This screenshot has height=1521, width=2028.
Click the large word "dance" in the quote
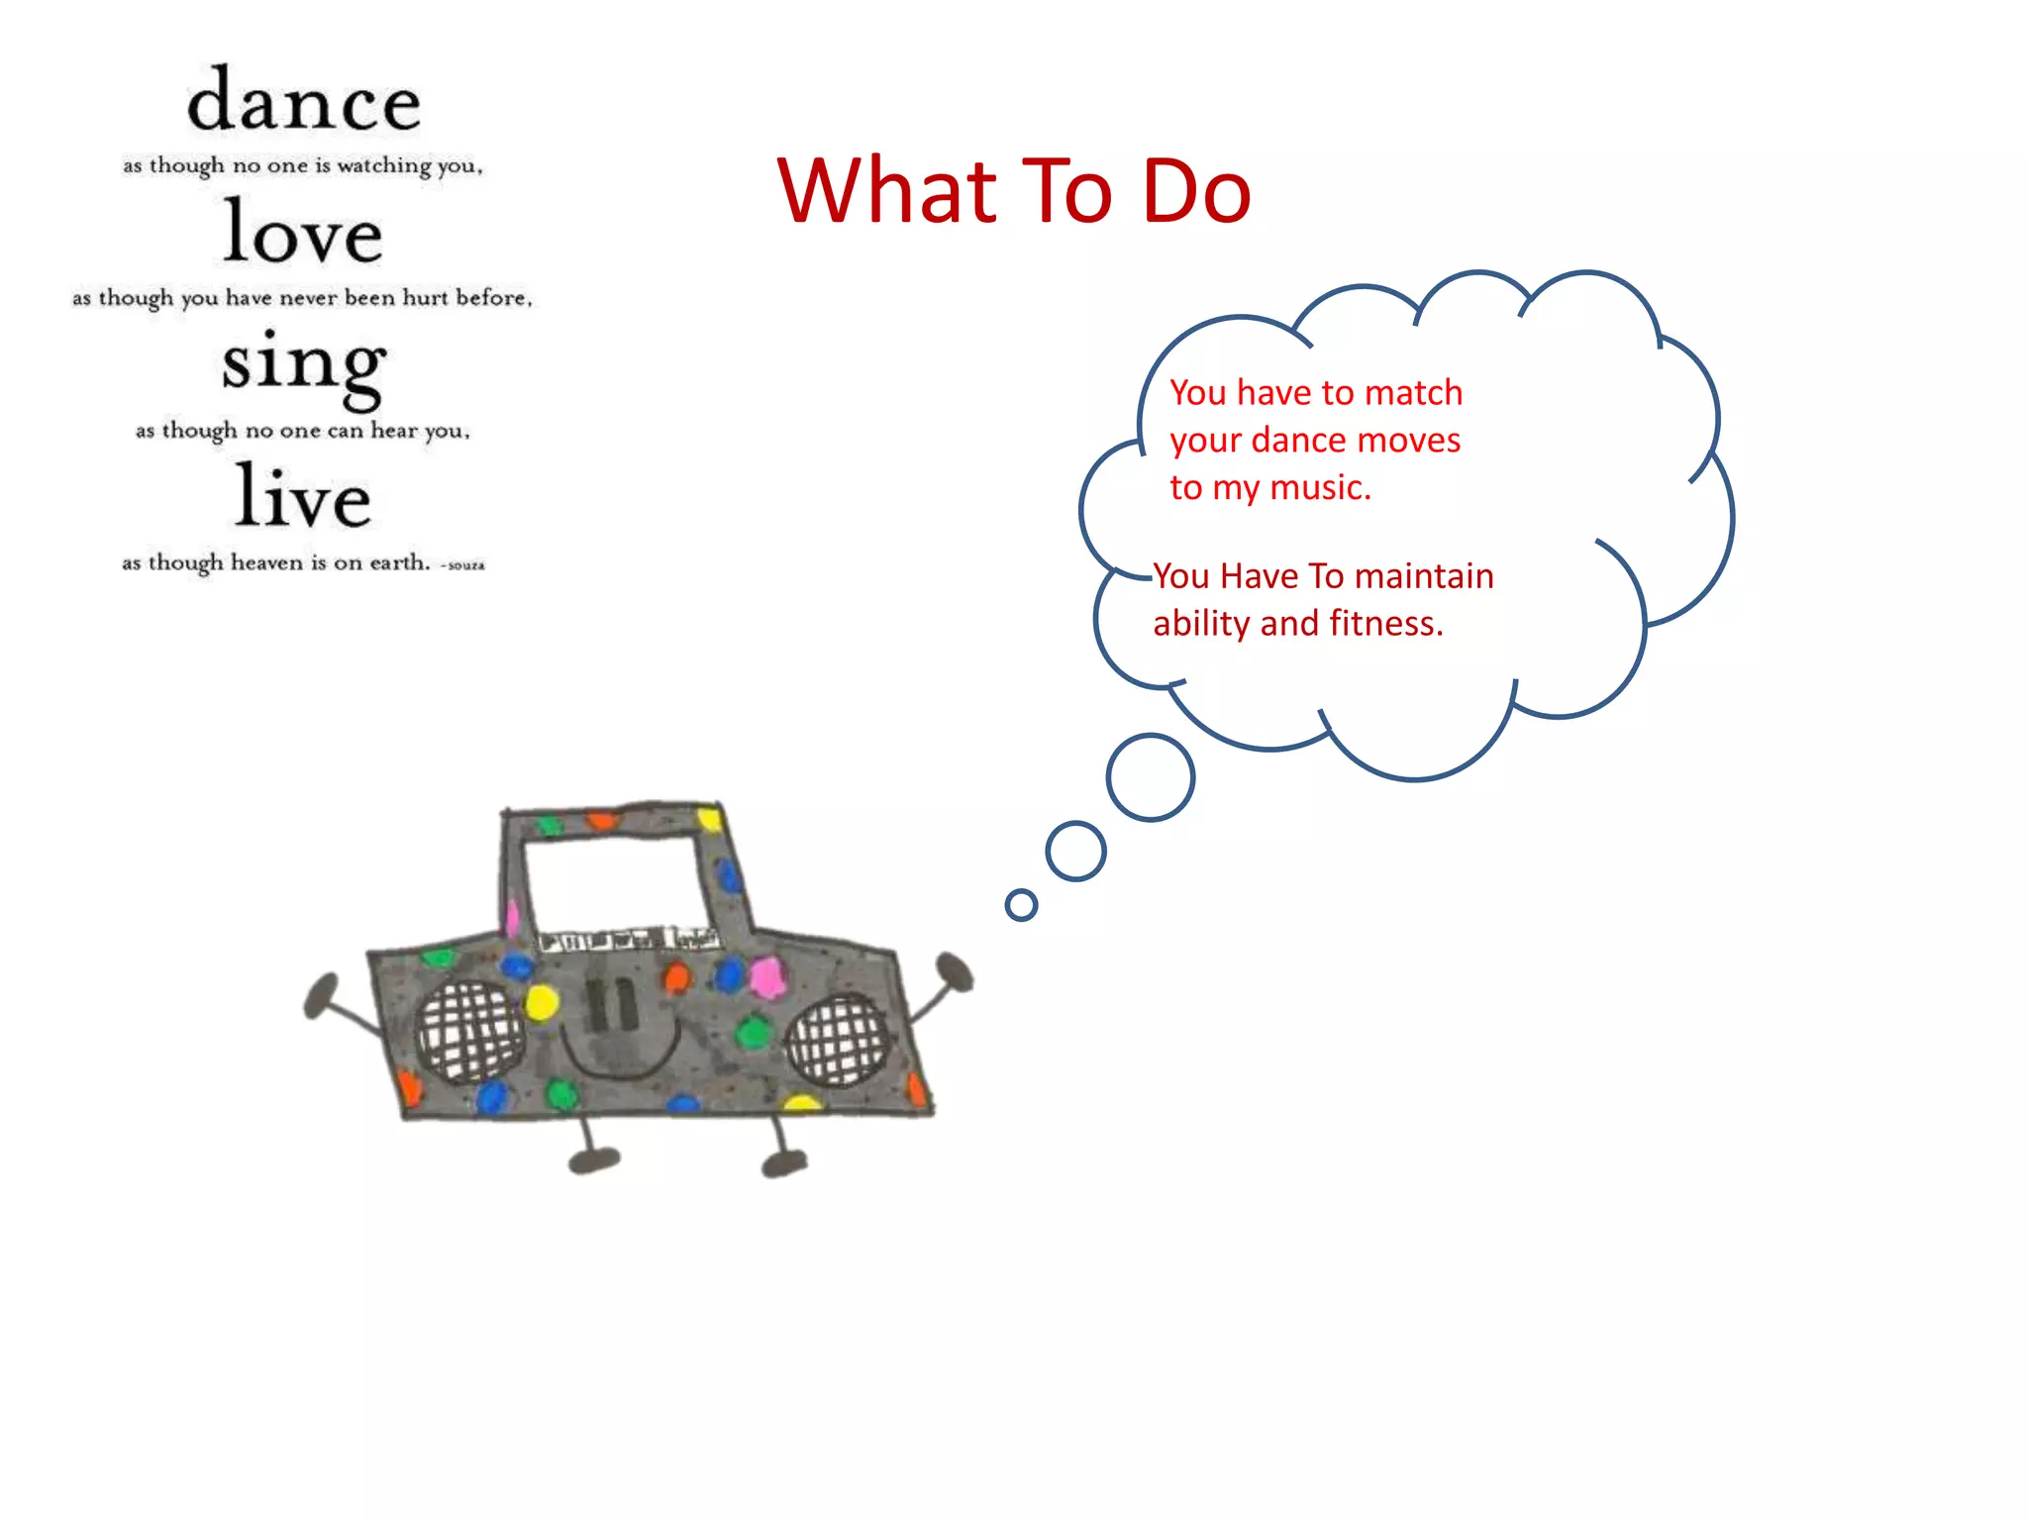(304, 102)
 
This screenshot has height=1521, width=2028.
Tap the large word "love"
(302, 234)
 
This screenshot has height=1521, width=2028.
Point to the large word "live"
(303, 498)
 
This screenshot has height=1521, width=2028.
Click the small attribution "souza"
(465, 565)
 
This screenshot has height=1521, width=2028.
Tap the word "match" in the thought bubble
(1413, 393)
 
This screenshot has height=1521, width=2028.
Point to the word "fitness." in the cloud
(1386, 624)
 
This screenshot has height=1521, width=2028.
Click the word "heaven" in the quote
(266, 562)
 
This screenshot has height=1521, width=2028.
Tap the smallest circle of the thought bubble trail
(1021, 904)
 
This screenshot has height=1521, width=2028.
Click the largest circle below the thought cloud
(1151, 777)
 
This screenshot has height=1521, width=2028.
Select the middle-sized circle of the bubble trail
(1075, 851)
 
